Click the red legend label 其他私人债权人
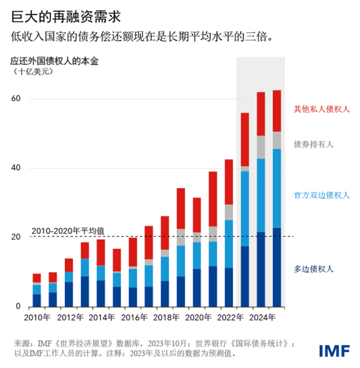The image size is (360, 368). (322, 109)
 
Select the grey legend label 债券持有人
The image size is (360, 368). (313, 144)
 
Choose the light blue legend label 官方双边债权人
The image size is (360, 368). (322, 195)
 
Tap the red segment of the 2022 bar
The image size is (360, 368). (229, 182)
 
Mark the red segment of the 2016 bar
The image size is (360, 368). (133, 252)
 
